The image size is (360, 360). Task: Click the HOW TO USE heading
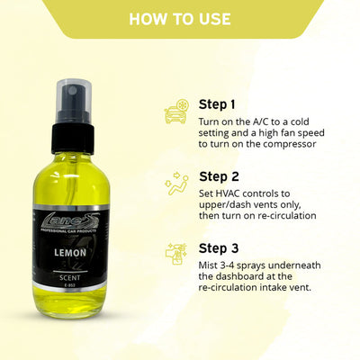click(x=179, y=19)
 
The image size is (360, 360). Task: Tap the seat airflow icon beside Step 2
click(x=175, y=185)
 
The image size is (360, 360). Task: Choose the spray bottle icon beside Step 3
click(x=176, y=256)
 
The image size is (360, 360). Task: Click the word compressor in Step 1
click(x=292, y=148)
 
